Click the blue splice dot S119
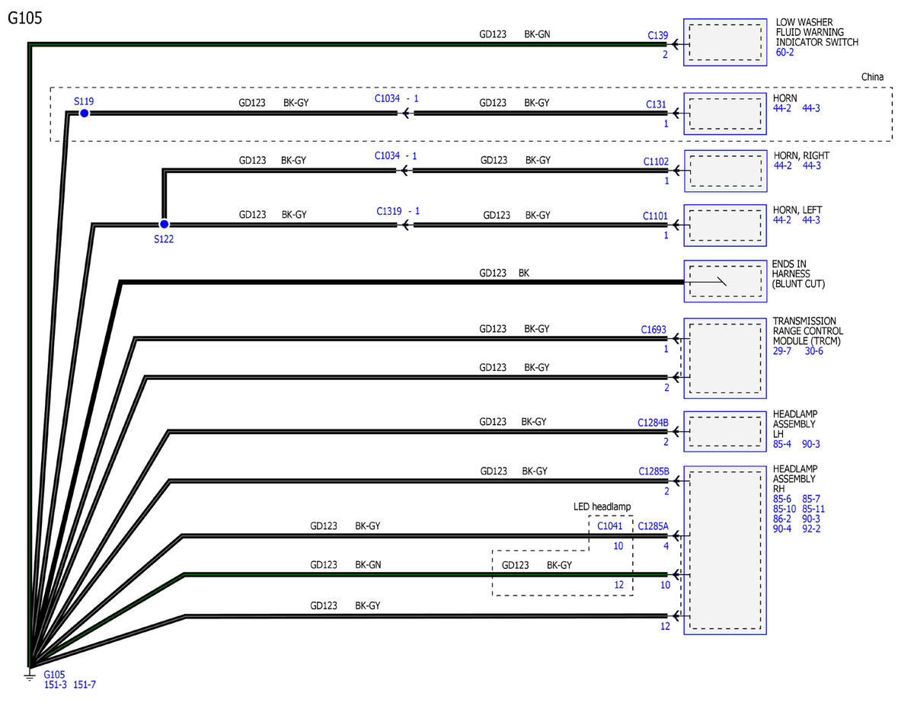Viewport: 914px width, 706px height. pos(84,113)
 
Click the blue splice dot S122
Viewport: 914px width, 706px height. pos(164,224)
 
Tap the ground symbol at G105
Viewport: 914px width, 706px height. pos(30,676)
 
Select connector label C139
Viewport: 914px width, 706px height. pos(657,35)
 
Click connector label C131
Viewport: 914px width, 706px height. pos(656,104)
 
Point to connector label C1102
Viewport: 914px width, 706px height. pos(656,161)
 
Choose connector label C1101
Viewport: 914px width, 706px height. pos(655,216)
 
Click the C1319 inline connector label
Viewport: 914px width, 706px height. pos(388,211)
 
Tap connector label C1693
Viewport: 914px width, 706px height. pos(654,329)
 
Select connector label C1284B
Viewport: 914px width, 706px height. pos(653,423)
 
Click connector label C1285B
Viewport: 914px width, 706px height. pos(654,471)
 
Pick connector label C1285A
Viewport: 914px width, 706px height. pos(653,526)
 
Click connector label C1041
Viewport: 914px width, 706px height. pos(609,526)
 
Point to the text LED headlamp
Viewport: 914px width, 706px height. pos(602,506)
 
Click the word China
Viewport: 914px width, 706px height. pos(872,77)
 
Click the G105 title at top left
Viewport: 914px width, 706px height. pos(25,18)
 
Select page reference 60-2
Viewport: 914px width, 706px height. pos(785,52)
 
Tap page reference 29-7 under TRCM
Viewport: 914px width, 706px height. pos(781,350)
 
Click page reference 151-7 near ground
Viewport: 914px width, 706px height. pos(84,685)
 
